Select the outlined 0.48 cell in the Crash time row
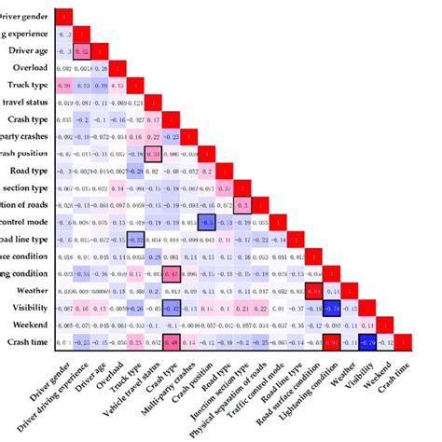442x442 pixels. [x=172, y=342]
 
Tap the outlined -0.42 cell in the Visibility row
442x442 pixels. [x=172, y=308]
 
